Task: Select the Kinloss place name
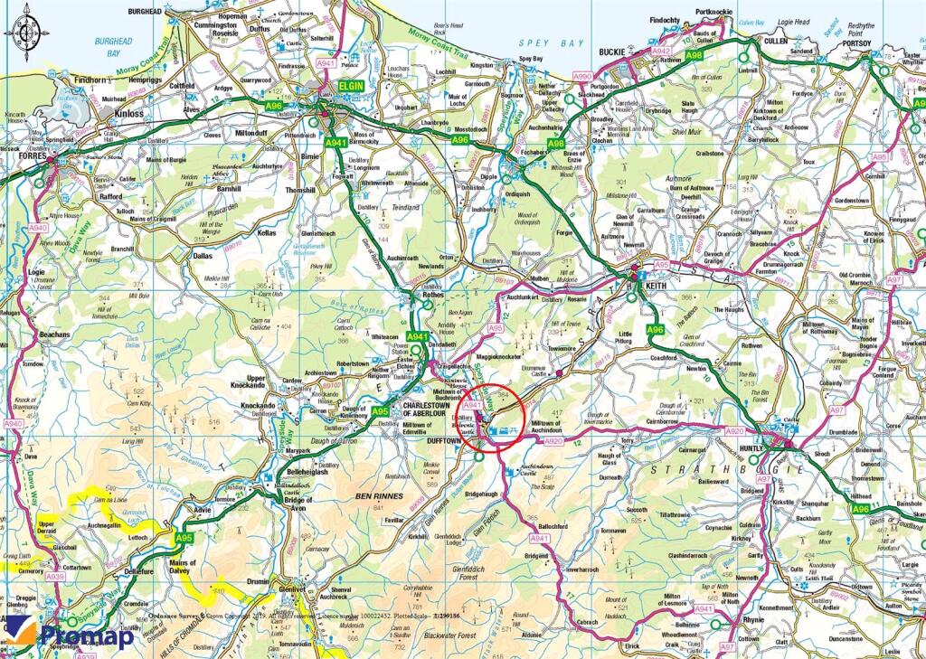tap(129, 115)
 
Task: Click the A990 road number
tap(582, 77)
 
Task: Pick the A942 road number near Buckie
tap(662, 52)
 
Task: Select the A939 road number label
tap(56, 576)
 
